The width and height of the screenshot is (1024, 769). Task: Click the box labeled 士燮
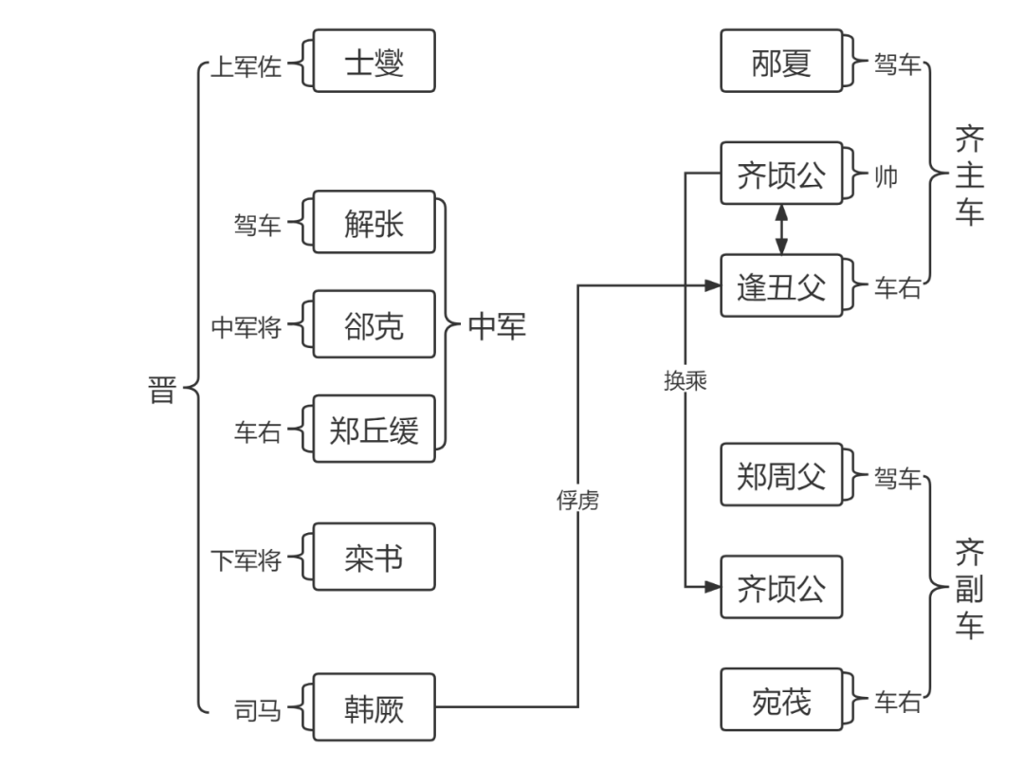tap(374, 62)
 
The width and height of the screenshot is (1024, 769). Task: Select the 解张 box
tap(374, 224)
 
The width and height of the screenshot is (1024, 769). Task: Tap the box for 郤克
tap(374, 325)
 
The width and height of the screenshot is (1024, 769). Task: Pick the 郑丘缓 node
tap(374, 430)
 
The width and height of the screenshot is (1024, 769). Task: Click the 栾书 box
tap(374, 558)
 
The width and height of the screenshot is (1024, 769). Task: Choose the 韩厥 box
tap(374, 707)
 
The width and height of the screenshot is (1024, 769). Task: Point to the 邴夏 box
tap(781, 62)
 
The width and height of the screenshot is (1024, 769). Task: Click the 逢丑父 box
tap(781, 285)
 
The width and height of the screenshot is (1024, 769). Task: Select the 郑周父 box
tap(781, 475)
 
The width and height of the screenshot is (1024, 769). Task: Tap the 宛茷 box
tap(781, 701)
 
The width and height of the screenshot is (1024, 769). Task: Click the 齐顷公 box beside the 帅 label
tap(781, 174)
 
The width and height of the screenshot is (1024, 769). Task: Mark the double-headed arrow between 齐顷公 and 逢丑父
tap(781, 229)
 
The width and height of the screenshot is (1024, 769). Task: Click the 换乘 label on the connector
tap(686, 380)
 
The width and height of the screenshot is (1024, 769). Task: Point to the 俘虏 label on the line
tap(577, 500)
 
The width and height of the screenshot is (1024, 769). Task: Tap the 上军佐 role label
tap(245, 68)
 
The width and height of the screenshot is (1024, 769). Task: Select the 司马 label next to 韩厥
tap(258, 708)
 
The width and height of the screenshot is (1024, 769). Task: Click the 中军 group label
tap(497, 327)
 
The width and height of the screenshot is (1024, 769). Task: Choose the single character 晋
tap(162, 390)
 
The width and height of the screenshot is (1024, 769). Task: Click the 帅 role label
tap(886, 176)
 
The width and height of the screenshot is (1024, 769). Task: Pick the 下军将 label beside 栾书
tap(245, 560)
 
